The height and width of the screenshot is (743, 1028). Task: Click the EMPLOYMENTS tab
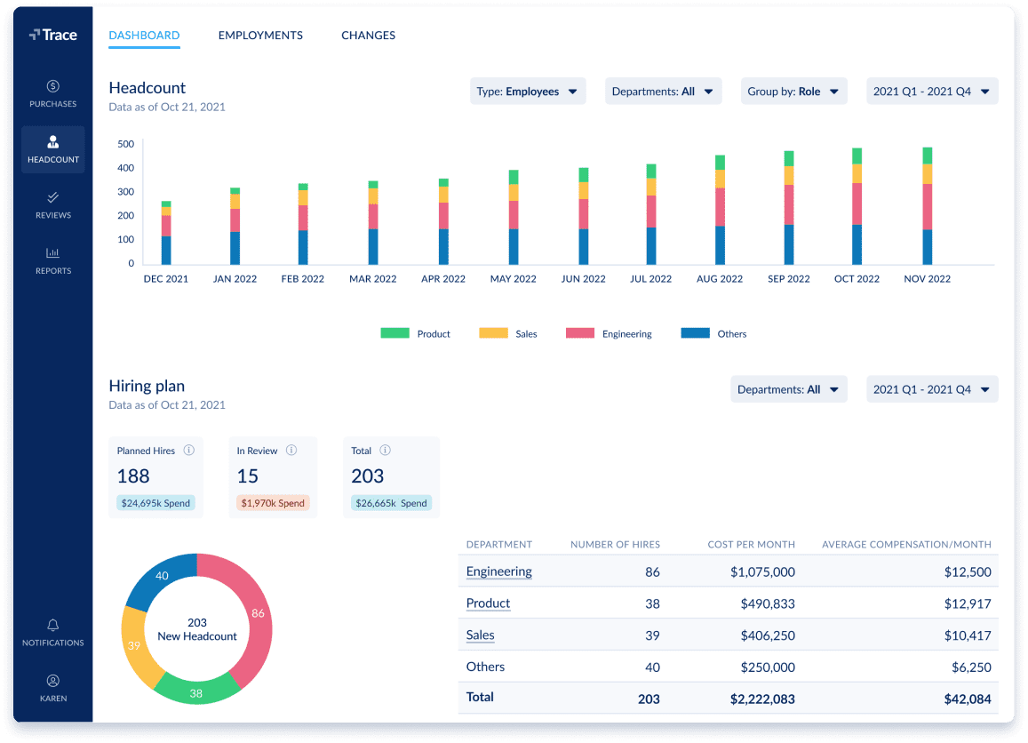coord(260,36)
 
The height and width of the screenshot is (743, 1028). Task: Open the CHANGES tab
coord(368,36)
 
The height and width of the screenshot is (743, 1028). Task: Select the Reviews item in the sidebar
coord(53,204)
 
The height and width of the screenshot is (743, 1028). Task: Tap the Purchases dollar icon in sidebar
coord(53,86)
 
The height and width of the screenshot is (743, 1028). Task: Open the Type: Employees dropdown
coord(527,92)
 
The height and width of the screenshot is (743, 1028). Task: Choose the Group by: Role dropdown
coord(793,92)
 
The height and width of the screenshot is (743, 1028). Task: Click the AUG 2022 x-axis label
coord(720,279)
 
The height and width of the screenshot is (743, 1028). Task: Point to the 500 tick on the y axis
coord(125,144)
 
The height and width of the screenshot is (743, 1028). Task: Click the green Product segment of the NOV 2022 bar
coord(928,156)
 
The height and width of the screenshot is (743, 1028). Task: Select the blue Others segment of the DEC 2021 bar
coord(166,250)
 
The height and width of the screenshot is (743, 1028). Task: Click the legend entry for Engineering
coord(609,333)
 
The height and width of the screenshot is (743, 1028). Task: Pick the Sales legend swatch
coord(493,333)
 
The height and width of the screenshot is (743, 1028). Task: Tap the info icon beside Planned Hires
coord(189,451)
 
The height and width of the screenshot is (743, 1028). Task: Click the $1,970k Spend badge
coord(273,503)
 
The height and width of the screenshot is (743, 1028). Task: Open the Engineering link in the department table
coord(498,571)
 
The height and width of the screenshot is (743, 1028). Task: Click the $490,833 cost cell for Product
coord(767,603)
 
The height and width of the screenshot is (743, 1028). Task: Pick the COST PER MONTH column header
coord(751,544)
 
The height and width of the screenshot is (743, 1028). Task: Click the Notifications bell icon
coord(53,625)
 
